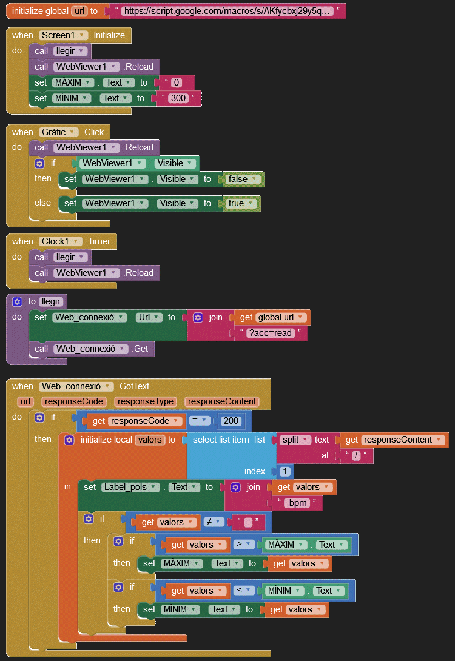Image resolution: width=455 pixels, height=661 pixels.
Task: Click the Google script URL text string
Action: tap(227, 11)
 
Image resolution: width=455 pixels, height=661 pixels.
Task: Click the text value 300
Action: tap(178, 98)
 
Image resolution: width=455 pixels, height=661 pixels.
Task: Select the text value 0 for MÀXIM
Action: tap(177, 82)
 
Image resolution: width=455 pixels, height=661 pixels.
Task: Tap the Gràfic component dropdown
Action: tap(58, 132)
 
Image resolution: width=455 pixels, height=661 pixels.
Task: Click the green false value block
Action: tap(241, 179)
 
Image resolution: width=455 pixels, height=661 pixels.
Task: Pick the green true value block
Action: tap(240, 203)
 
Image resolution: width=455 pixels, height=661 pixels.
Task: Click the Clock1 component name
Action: tap(55, 241)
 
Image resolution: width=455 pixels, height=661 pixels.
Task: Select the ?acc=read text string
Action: tap(271, 333)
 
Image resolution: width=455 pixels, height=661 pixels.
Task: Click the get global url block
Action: tap(272, 317)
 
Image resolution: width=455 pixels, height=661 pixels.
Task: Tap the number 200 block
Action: tap(231, 421)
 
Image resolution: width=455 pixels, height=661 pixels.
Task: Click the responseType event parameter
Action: tap(145, 401)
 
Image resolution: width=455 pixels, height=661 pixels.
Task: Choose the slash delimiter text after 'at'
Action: tap(356, 455)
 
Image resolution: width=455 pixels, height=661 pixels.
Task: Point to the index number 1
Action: tap(285, 471)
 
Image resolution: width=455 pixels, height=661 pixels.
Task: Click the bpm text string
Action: tap(298, 503)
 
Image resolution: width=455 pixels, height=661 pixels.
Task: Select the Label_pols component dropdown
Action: tap(130, 488)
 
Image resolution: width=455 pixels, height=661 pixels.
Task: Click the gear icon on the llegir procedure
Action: tap(17, 301)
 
